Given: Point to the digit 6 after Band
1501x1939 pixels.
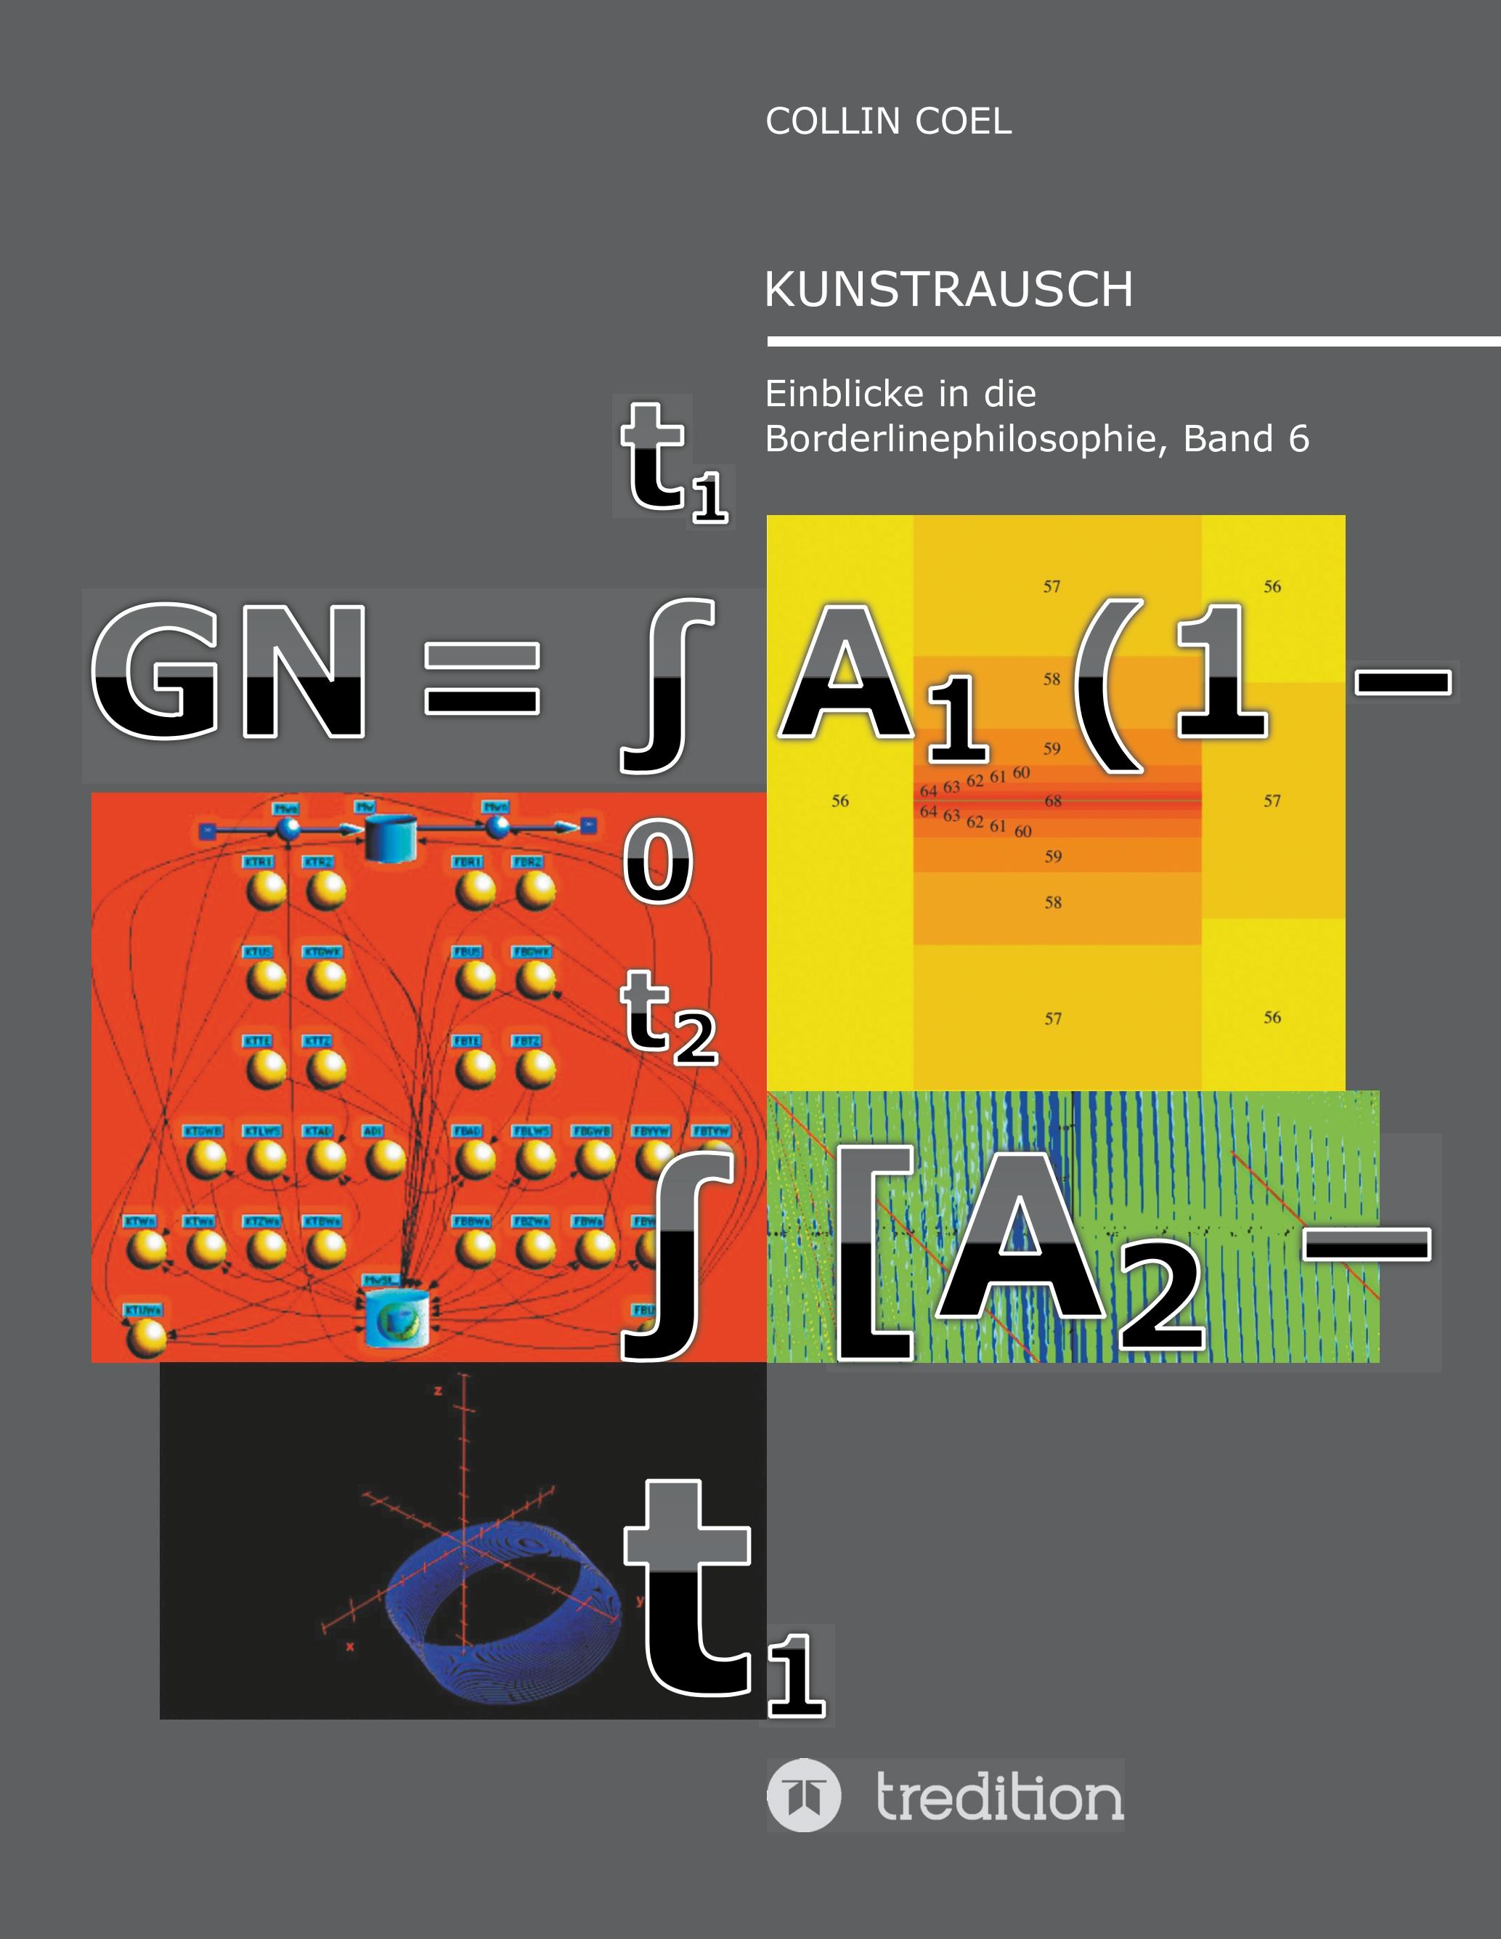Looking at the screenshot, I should click(1298, 439).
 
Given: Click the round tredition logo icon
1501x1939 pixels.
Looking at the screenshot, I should click(803, 1795).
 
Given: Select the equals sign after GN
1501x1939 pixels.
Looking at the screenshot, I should click(482, 679).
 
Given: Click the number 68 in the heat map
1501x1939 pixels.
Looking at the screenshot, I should click(1053, 801).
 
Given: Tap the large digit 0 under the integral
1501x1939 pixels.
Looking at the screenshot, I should click(658, 861).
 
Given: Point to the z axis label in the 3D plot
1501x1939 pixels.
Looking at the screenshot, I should click(438, 1391).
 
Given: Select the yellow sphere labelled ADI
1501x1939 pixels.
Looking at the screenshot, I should click(386, 1159).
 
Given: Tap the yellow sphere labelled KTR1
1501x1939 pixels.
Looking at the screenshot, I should click(267, 890).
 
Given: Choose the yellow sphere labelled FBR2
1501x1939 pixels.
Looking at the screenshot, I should click(535, 890).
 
